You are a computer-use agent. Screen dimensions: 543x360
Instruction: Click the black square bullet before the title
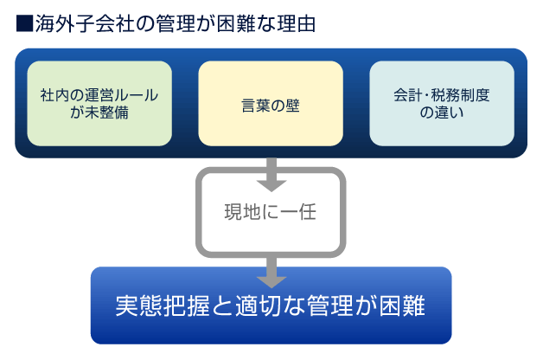24,23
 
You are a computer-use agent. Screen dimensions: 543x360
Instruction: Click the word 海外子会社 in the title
84,23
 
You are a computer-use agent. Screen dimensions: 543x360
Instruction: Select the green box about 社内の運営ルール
99,104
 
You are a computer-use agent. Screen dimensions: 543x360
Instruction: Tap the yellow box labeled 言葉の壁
271,104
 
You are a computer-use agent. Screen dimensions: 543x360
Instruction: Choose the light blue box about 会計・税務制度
442,104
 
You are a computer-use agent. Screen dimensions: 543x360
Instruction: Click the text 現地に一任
271,212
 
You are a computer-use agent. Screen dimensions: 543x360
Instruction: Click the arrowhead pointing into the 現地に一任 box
271,186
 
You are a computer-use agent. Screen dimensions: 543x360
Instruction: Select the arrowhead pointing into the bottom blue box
271,282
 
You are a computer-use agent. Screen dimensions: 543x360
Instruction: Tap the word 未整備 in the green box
107,112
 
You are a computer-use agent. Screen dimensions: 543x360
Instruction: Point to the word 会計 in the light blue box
408,95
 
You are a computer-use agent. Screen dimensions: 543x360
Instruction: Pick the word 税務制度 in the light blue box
461,95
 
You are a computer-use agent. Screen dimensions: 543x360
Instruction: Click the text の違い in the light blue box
442,112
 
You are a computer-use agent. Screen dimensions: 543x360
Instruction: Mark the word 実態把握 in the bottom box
163,305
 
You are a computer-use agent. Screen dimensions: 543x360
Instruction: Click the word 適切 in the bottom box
259,305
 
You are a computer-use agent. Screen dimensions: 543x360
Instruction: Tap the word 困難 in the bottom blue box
402,305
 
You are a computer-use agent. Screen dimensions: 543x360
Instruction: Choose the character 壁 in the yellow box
292,106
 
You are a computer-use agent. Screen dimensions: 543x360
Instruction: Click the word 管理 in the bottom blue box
330,305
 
